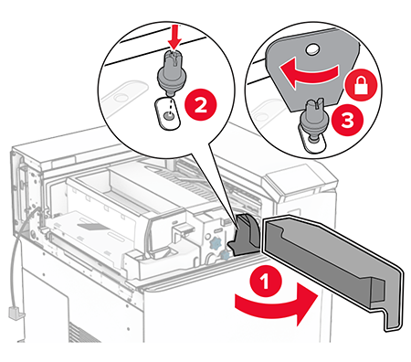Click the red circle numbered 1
tap(265, 281)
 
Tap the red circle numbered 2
tap(201, 105)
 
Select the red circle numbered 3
tap(348, 120)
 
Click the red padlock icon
tap(361, 85)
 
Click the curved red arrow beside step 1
tap(277, 306)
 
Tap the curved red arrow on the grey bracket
tap(308, 74)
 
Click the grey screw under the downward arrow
tap(171, 71)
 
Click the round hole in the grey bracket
tap(311, 48)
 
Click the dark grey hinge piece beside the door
tap(244, 234)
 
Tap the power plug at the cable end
tap(16, 314)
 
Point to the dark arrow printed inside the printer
tap(93, 227)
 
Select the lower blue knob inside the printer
tap(225, 255)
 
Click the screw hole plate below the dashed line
tap(167, 114)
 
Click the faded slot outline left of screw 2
tap(124, 94)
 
